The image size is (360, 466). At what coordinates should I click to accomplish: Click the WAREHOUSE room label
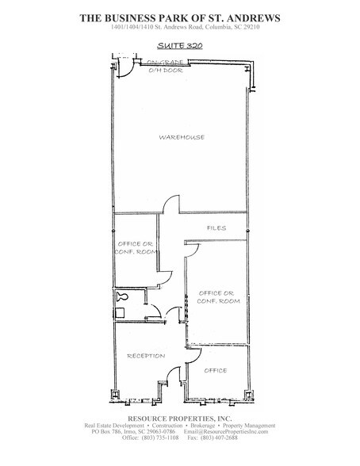(x=182, y=137)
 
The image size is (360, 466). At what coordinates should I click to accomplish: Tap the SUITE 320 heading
(x=179, y=46)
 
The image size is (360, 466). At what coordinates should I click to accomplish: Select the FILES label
(x=216, y=228)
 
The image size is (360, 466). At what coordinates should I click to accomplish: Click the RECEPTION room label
(x=145, y=356)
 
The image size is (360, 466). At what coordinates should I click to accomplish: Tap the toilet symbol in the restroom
(x=122, y=297)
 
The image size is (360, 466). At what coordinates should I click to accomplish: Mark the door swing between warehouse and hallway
(x=170, y=205)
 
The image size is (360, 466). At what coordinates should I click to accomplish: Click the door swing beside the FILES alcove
(x=192, y=248)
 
